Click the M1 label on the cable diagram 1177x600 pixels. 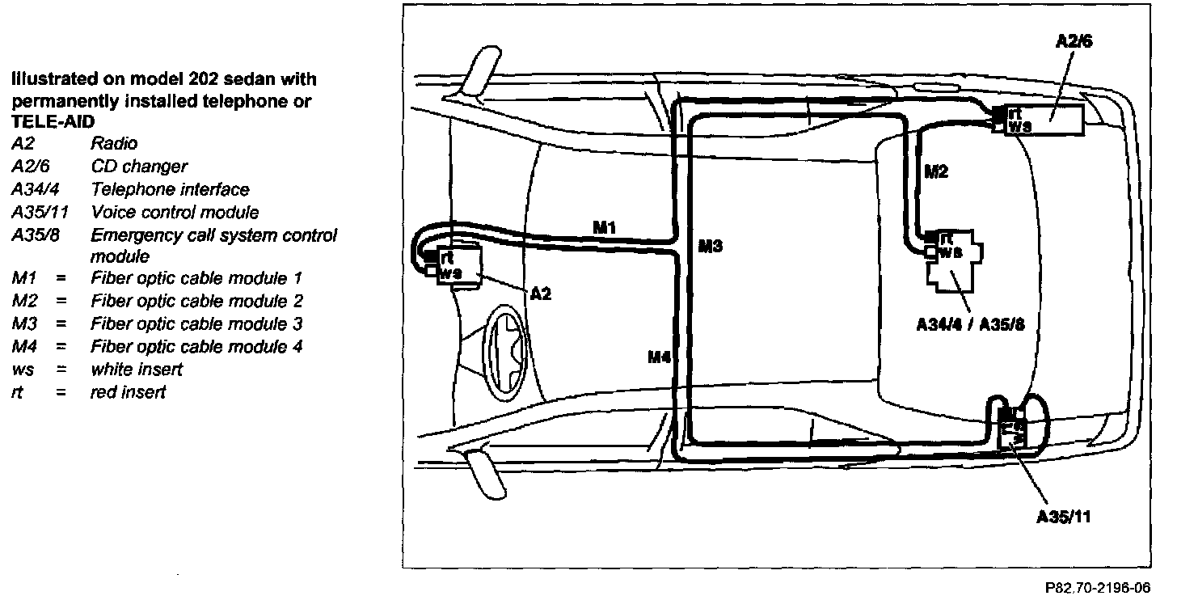(x=605, y=228)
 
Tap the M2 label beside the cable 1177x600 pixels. (x=935, y=171)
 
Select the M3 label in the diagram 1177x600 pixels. (x=710, y=247)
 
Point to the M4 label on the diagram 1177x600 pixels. (x=660, y=356)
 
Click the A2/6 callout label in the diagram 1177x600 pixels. (x=1074, y=42)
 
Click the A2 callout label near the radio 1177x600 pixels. (x=541, y=294)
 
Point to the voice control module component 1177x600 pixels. (x=1013, y=429)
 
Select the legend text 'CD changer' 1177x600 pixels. (x=139, y=166)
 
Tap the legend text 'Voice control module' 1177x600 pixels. (x=175, y=212)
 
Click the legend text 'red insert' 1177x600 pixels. (x=128, y=392)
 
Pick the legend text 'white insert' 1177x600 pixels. (x=137, y=370)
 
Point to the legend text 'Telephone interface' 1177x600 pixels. (x=170, y=189)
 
